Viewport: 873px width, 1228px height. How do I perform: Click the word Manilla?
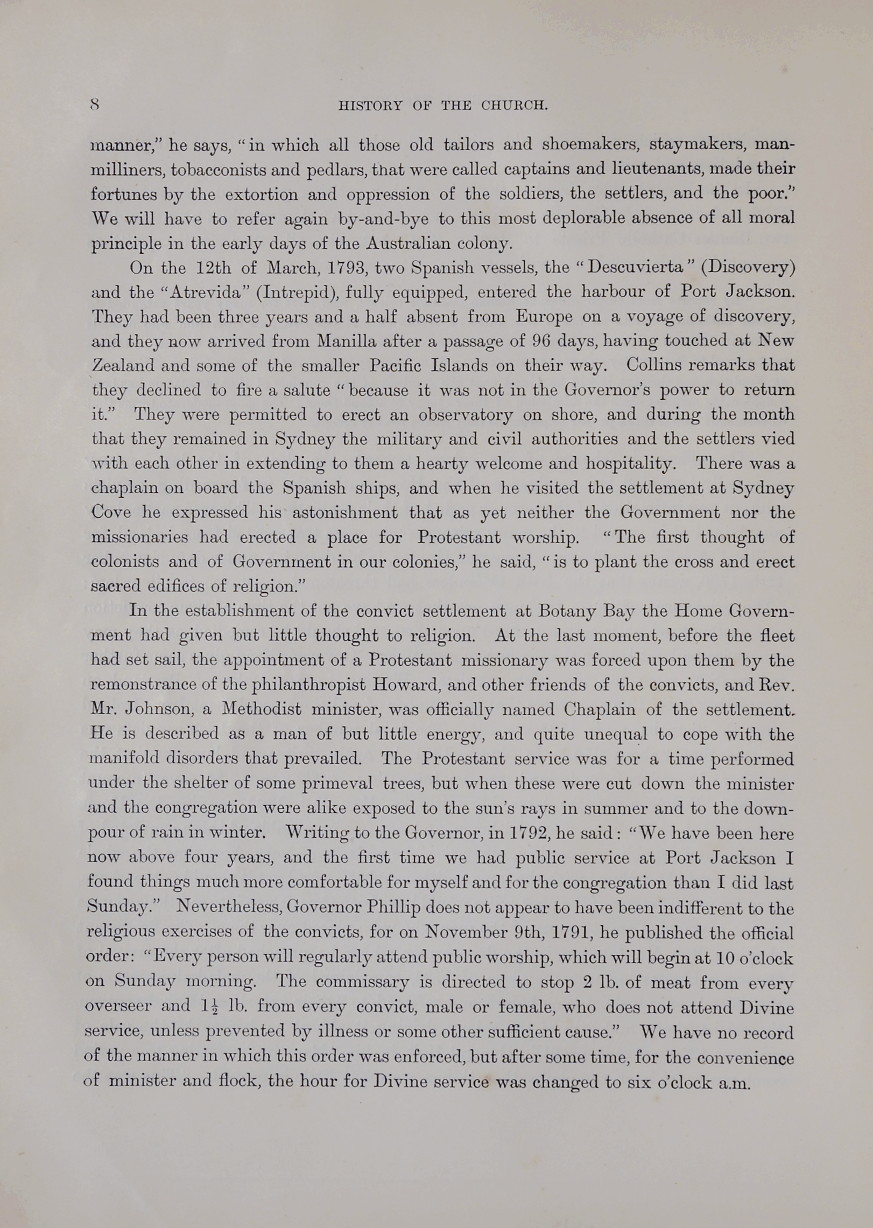(x=350, y=341)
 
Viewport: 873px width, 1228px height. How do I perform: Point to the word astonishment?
(x=345, y=512)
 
